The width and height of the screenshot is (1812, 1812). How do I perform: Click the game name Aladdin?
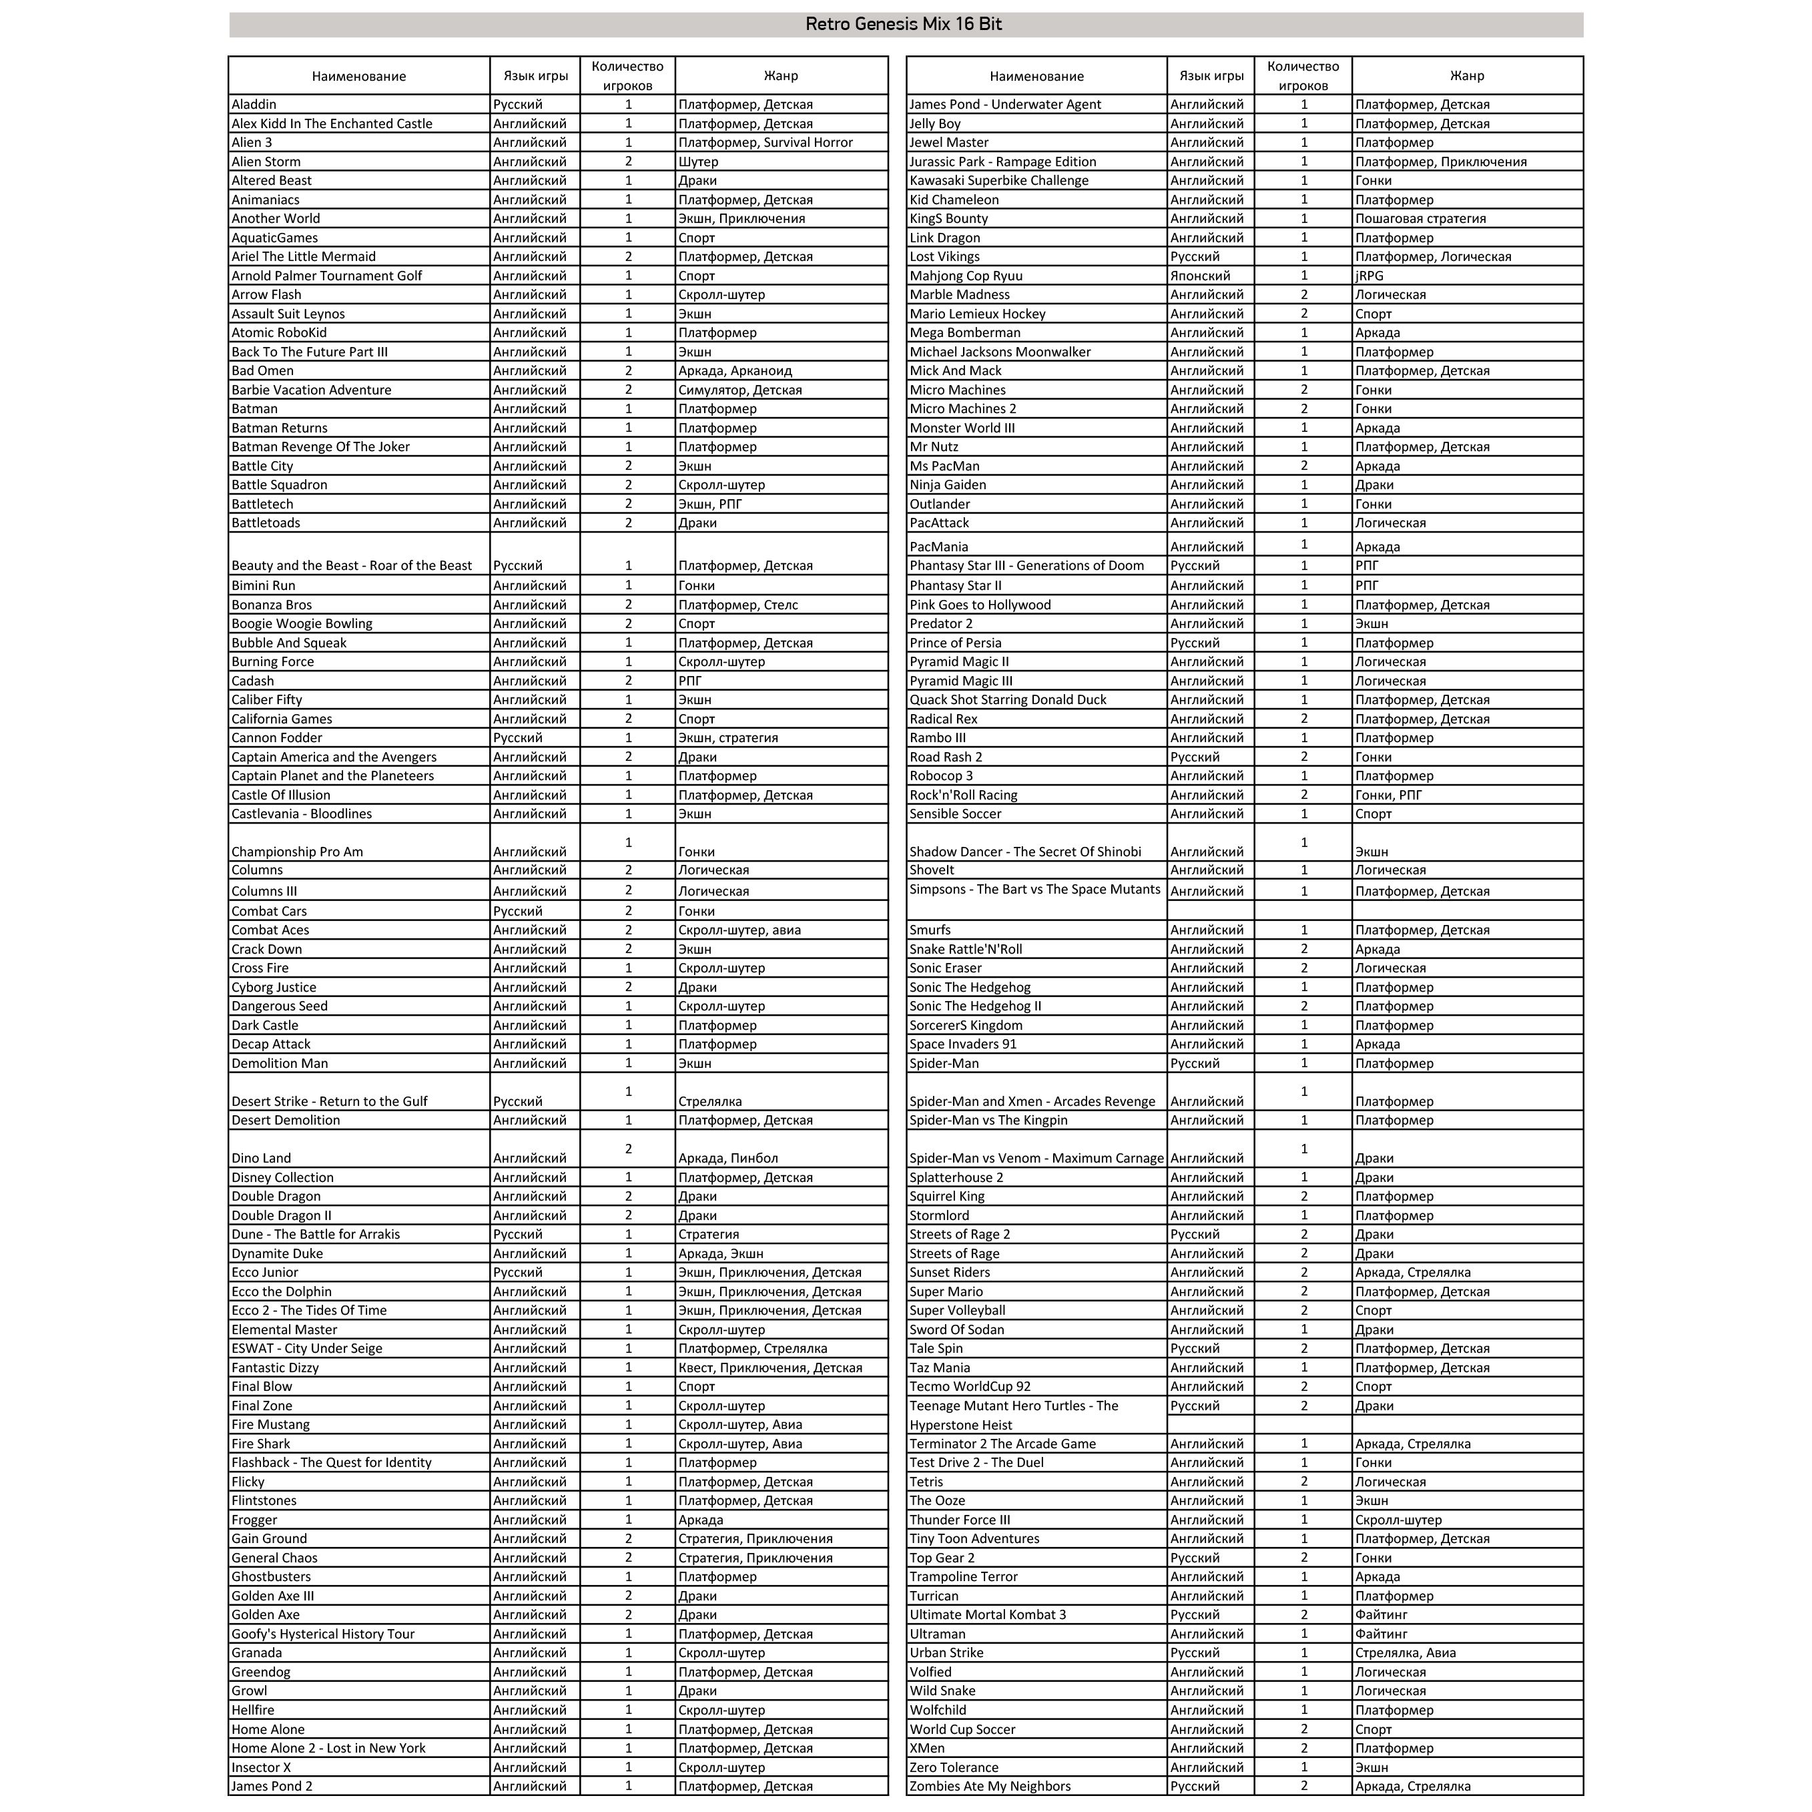click(254, 104)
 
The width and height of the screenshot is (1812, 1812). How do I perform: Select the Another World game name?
click(276, 218)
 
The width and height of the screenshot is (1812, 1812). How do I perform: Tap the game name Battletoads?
click(266, 523)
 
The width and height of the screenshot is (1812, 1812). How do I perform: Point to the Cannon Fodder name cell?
click(277, 737)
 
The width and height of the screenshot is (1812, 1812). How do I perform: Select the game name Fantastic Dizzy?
click(275, 1368)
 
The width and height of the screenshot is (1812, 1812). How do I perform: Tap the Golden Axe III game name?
click(273, 1595)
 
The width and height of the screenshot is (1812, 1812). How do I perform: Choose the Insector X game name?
click(262, 1767)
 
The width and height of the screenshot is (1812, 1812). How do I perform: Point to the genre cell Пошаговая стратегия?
click(1420, 218)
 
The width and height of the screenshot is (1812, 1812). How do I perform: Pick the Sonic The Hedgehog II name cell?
click(974, 1005)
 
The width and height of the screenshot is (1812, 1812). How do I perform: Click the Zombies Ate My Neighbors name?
click(990, 1786)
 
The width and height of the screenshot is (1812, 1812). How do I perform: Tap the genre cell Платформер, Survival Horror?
click(766, 143)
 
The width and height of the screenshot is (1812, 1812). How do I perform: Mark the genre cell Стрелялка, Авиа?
click(1405, 1652)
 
